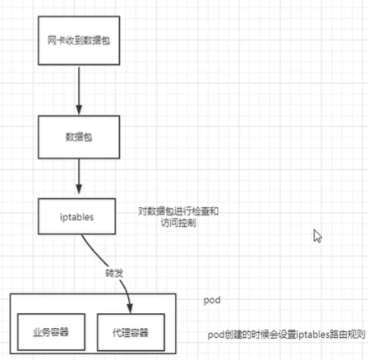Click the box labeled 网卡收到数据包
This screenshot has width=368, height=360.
79,40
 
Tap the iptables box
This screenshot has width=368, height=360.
79,218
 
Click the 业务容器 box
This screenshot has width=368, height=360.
50,334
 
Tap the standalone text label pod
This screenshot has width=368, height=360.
212,301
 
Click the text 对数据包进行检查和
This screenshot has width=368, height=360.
178,211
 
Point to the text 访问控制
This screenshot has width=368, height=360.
178,223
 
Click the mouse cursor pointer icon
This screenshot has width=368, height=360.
317,236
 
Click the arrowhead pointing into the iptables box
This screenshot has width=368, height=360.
79,192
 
